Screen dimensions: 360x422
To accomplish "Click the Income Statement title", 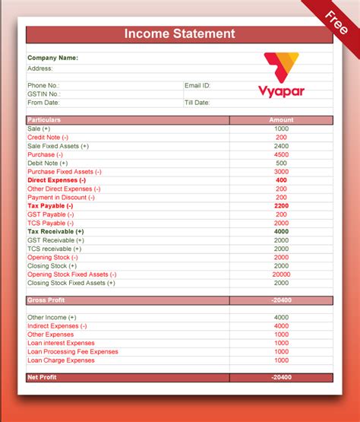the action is pyautogui.click(x=179, y=34).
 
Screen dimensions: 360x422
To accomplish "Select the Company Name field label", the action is pyautogui.click(x=52, y=57).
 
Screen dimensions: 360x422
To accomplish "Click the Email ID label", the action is pyautogui.click(x=197, y=85).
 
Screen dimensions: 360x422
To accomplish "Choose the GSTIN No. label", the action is pyautogui.click(x=43, y=94).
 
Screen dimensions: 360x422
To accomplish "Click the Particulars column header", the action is pyautogui.click(x=44, y=120).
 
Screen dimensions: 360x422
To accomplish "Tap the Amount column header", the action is pyautogui.click(x=281, y=120).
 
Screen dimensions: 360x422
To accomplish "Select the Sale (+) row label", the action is pyautogui.click(x=39, y=129).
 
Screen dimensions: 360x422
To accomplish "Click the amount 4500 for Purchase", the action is pyautogui.click(x=281, y=154).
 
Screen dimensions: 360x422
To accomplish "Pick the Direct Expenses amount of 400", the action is pyautogui.click(x=281, y=180).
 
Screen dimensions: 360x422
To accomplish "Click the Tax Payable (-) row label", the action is pyautogui.click(x=50, y=206).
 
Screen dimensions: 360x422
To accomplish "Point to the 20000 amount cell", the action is pyautogui.click(x=281, y=274).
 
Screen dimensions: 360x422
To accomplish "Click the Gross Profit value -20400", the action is pyautogui.click(x=281, y=300).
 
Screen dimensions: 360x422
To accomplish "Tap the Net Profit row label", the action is pyautogui.click(x=43, y=377).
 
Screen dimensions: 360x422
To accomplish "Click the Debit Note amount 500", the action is pyautogui.click(x=281, y=163).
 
